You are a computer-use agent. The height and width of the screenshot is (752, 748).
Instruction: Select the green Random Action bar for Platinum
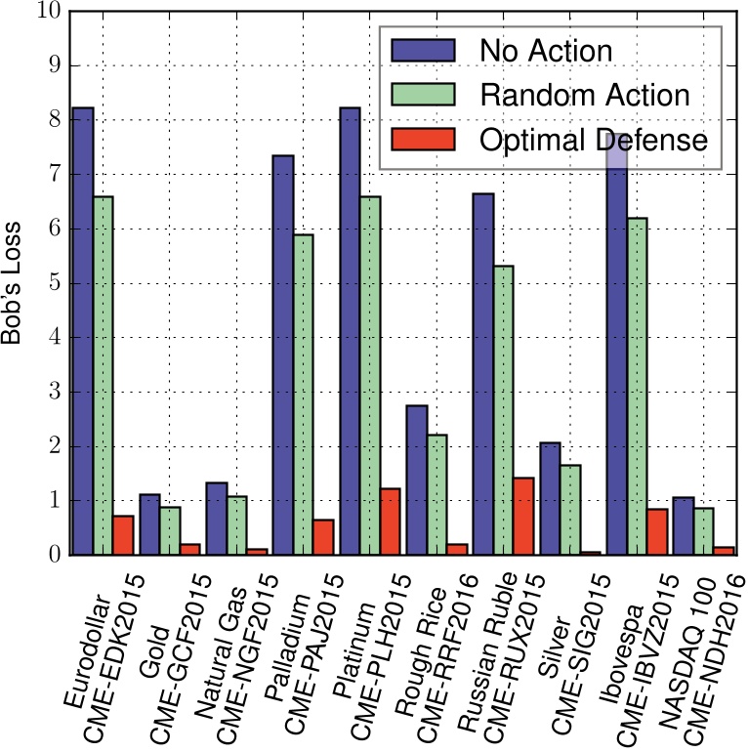point(371,375)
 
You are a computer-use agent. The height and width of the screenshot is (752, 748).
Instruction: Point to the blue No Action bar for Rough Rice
point(416,480)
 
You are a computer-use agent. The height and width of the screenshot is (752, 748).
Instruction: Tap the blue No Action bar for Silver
point(549,498)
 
